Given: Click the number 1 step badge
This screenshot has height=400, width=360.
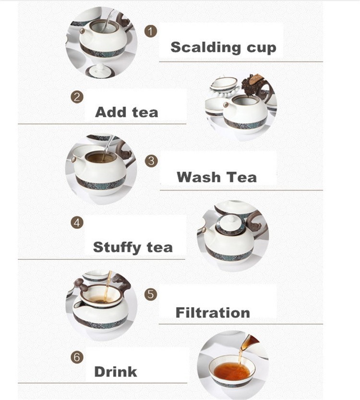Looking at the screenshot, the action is click(151, 31).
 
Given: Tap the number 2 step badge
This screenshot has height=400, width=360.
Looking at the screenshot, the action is click(77, 97).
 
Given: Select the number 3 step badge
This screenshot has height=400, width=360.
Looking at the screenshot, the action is click(151, 161).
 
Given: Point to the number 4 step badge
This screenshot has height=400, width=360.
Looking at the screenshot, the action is click(77, 223).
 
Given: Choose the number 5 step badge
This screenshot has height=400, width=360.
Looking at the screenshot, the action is click(151, 294).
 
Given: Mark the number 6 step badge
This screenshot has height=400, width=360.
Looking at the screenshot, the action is click(77, 357).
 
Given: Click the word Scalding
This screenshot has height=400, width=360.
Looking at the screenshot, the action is click(205, 48).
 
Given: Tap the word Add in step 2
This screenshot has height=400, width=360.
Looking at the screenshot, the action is click(111, 112).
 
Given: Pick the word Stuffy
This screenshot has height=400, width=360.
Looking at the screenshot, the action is click(117, 247).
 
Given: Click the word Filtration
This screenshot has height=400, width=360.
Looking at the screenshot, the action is click(213, 313).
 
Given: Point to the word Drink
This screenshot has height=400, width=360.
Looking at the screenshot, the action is click(116, 372).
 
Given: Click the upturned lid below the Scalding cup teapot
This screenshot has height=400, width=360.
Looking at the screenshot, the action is click(100, 71).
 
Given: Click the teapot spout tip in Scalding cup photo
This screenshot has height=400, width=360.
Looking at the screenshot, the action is click(82, 31).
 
